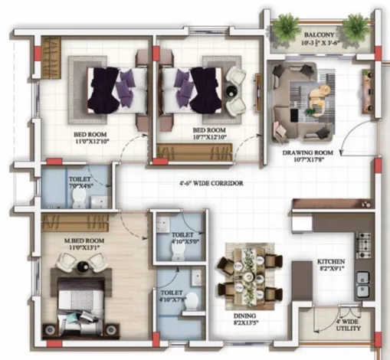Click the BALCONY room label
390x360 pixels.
tap(319, 35)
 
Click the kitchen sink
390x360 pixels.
tap(362, 278)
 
